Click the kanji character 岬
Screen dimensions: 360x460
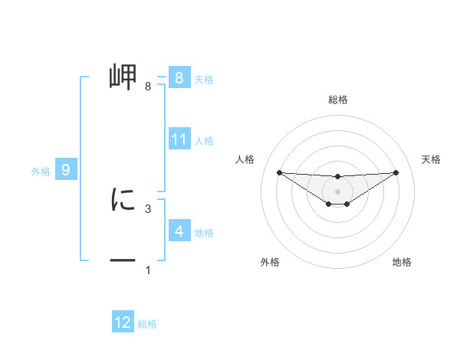pyautogui.click(x=123, y=77)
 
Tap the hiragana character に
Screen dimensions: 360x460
pyautogui.click(x=123, y=200)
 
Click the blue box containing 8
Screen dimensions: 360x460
pyautogui.click(x=179, y=78)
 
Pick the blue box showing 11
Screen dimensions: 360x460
pyautogui.click(x=179, y=139)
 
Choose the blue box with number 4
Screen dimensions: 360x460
pyautogui.click(x=179, y=231)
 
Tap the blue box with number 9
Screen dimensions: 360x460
pyautogui.click(x=66, y=170)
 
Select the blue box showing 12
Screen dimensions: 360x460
pyautogui.click(x=123, y=322)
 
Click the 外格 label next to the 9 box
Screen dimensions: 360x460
pyautogui.click(x=41, y=172)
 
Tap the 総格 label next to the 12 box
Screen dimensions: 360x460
pyautogui.click(x=147, y=324)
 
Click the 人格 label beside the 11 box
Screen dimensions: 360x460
pyautogui.click(x=204, y=141)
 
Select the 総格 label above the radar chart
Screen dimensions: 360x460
pyautogui.click(x=338, y=100)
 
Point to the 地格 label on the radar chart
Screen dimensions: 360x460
pyautogui.click(x=402, y=263)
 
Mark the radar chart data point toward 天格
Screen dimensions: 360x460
pyautogui.click(x=396, y=172)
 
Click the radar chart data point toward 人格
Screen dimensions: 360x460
pyautogui.click(x=279, y=172)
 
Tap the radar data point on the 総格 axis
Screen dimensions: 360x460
pyautogui.click(x=337, y=177)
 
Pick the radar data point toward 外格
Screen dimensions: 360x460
pyautogui.click(x=329, y=204)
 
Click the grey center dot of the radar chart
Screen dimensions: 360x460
pyautogui.click(x=337, y=191)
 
